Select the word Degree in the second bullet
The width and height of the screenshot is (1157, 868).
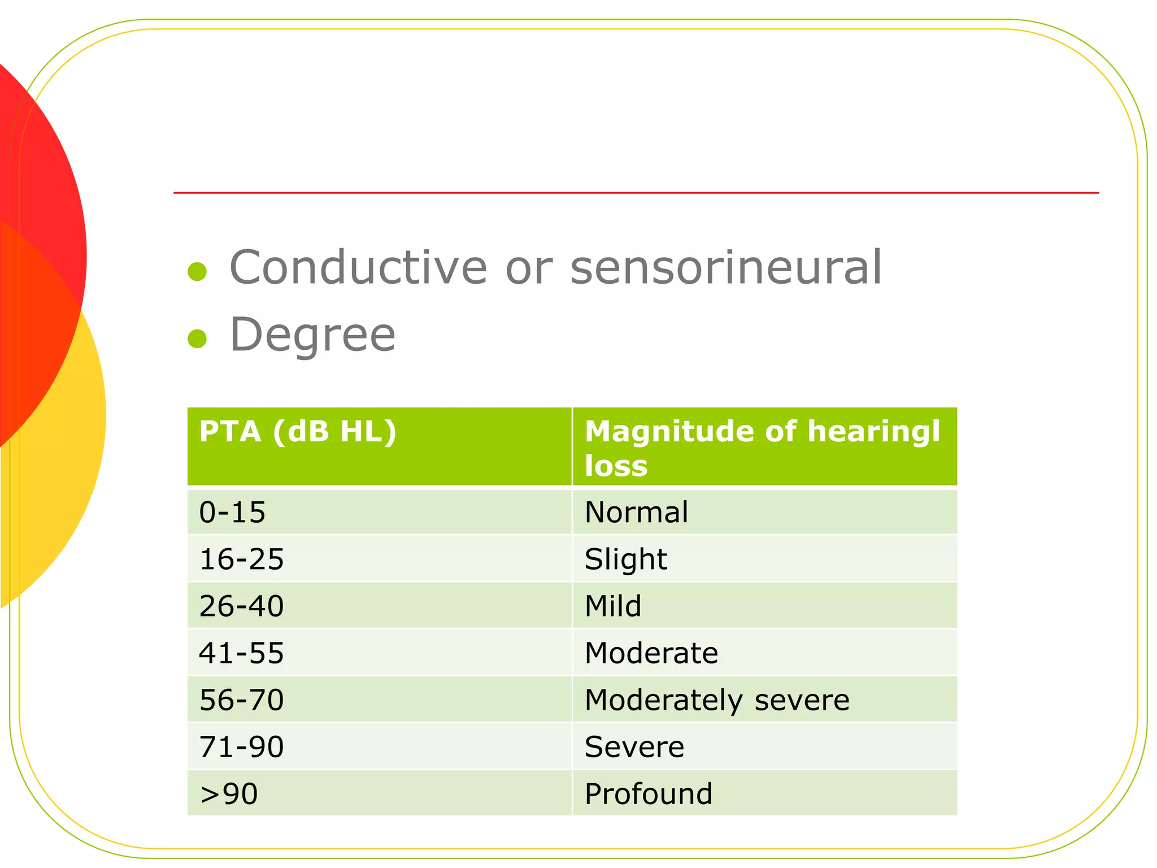pyautogui.click(x=312, y=335)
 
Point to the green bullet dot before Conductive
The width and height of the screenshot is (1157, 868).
pyautogui.click(x=197, y=271)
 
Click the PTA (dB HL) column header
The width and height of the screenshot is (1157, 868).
pyautogui.click(x=298, y=432)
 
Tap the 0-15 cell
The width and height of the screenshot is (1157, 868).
pyautogui.click(x=232, y=513)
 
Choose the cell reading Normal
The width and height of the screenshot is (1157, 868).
pyautogui.click(x=636, y=513)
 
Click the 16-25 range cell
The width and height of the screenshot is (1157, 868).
pyautogui.click(x=241, y=559)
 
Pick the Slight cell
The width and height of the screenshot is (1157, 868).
pyautogui.click(x=625, y=559)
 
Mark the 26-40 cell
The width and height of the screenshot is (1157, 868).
pyautogui.click(x=241, y=606)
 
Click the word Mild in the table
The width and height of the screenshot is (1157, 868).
pyautogui.click(x=613, y=606)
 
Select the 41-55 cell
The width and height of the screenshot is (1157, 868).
pyautogui.click(x=241, y=653)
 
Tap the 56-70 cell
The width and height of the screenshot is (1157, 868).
pyautogui.click(x=241, y=700)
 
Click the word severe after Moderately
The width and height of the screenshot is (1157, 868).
pyautogui.click(x=802, y=701)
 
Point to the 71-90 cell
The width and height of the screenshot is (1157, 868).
pyautogui.click(x=241, y=747)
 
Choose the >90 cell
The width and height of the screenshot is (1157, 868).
pyautogui.click(x=229, y=794)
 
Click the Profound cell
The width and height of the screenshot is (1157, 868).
pyautogui.click(x=648, y=794)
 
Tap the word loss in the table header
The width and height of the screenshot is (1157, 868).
pyautogui.click(x=616, y=466)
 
